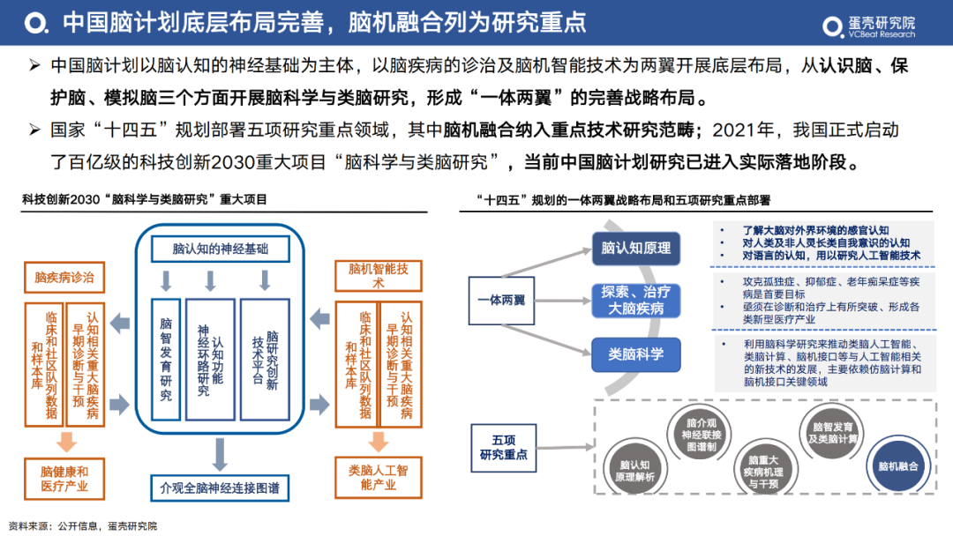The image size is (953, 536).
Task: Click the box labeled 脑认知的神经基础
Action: [220, 249]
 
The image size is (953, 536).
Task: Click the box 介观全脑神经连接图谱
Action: [220, 488]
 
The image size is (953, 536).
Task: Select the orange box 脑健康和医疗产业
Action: [64, 479]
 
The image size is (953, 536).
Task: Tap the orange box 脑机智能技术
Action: [379, 275]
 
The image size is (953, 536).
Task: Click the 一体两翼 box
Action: [501, 300]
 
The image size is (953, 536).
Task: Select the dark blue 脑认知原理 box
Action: [635, 248]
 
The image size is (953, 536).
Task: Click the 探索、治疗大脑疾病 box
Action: [635, 300]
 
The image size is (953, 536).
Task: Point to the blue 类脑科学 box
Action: [635, 354]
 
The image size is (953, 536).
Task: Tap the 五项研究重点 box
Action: [503, 447]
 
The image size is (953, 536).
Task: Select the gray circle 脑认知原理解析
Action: [635, 471]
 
